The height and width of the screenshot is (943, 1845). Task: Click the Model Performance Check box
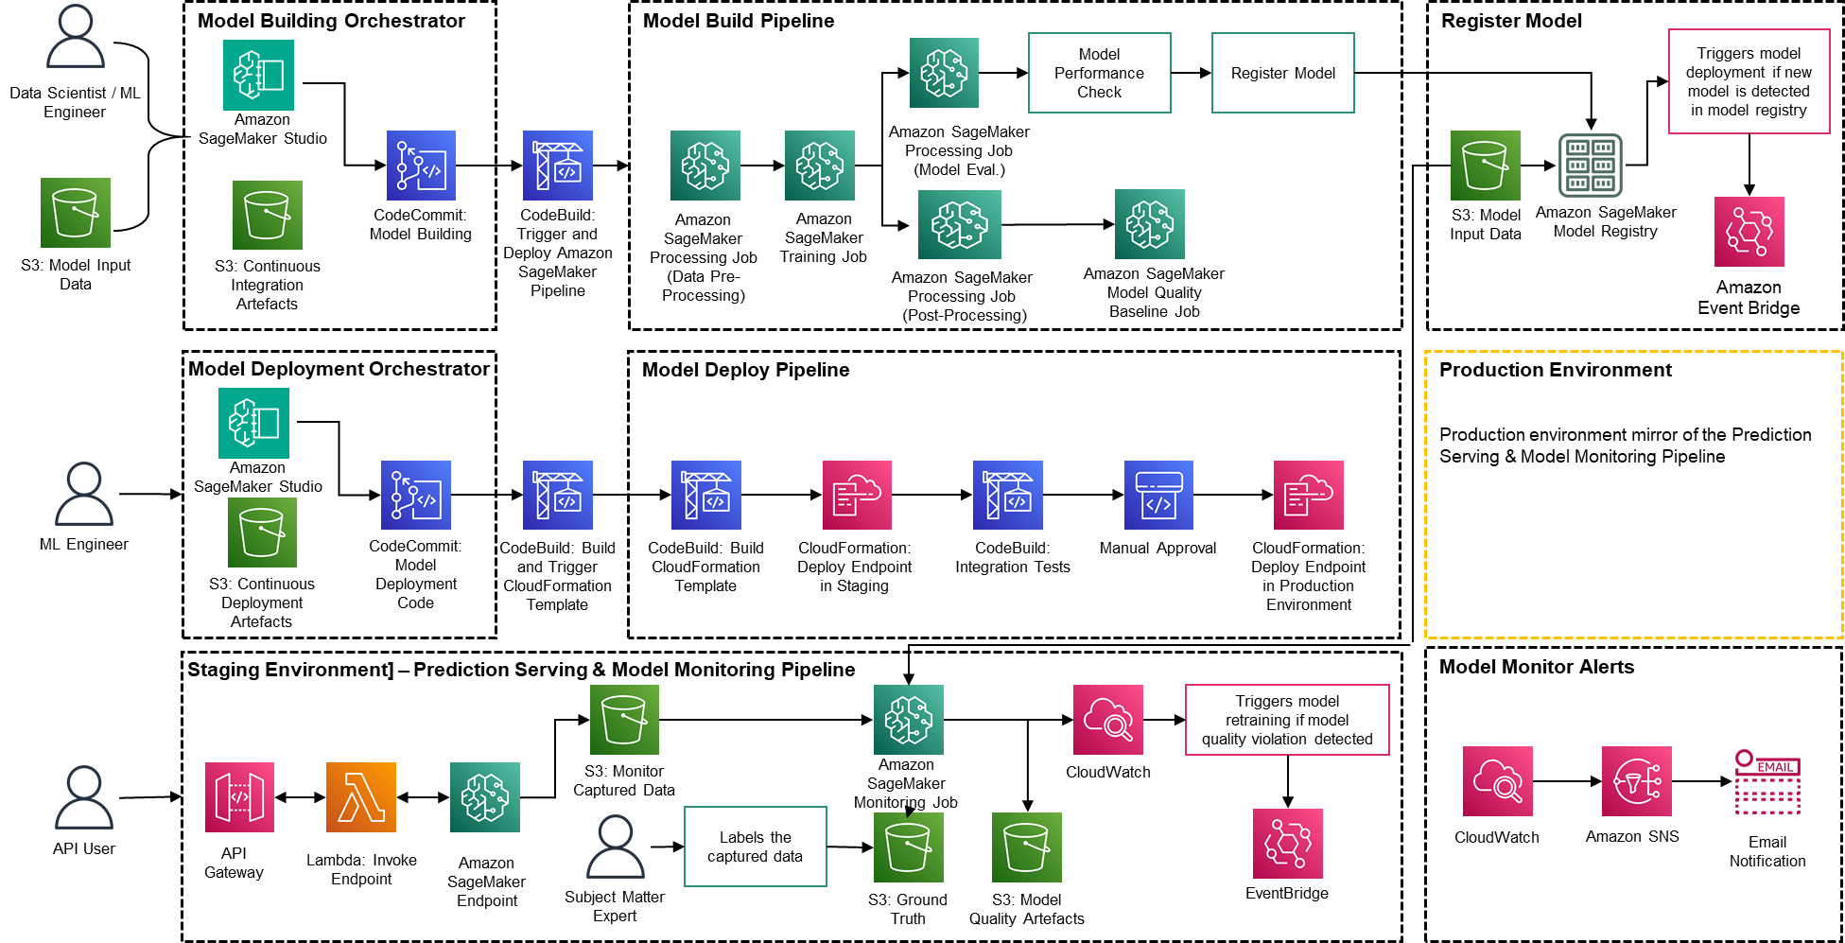[x=1099, y=73]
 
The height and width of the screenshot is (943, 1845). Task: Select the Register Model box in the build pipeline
[x=1282, y=73]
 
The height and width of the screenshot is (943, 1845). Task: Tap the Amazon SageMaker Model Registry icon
[x=1590, y=166]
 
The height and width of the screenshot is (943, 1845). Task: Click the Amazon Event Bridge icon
[x=1749, y=232]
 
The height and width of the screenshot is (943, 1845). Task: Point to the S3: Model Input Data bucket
[x=1485, y=166]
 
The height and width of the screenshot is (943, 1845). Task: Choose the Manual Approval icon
[x=1157, y=495]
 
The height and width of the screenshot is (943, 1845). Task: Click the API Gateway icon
[x=239, y=797]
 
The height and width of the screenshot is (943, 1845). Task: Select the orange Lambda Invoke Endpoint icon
[x=360, y=797]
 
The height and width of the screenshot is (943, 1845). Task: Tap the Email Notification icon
[x=1767, y=782]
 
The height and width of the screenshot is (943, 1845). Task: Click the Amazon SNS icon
[x=1636, y=781]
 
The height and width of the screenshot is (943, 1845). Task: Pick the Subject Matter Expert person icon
[x=615, y=847]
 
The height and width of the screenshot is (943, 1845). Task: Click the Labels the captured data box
[x=755, y=847]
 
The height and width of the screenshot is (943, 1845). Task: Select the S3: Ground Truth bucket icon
[x=908, y=847]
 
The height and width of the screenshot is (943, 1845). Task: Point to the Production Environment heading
[x=1555, y=370]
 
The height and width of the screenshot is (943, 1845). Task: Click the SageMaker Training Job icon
[x=819, y=166]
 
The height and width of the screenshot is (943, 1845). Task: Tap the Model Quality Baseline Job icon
[x=1149, y=224]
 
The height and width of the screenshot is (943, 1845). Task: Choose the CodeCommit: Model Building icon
[x=421, y=166]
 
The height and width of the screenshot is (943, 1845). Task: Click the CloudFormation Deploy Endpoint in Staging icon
[x=857, y=495]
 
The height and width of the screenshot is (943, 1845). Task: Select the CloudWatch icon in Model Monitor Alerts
[x=1497, y=781]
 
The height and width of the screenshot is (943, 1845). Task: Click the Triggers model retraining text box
[x=1286, y=720]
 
